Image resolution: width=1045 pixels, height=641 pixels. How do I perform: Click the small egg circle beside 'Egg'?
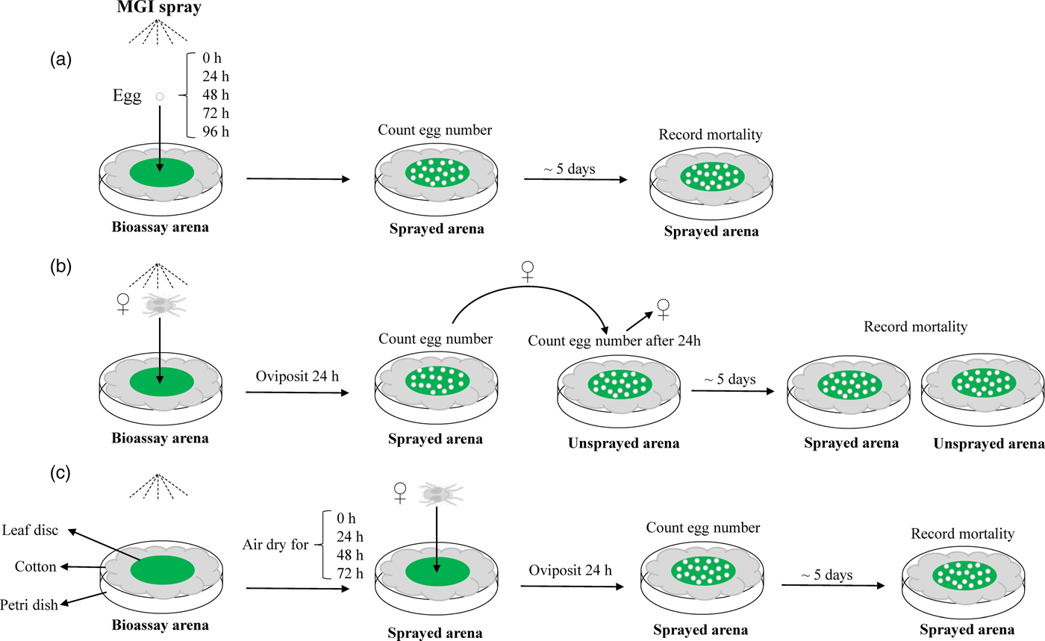(x=158, y=96)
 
